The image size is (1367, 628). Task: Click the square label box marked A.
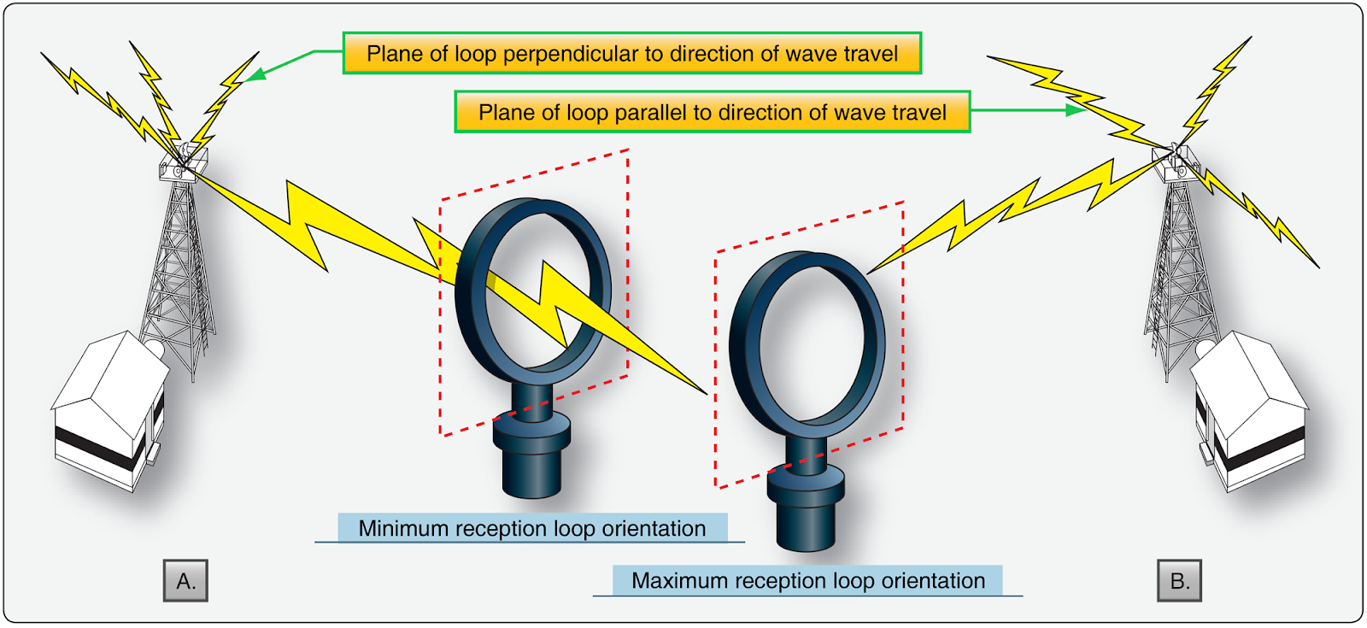[x=185, y=581]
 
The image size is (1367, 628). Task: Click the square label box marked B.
[x=1179, y=581]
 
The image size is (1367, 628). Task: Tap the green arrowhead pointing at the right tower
[x=1076, y=109]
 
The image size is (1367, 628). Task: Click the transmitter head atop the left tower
[x=183, y=161]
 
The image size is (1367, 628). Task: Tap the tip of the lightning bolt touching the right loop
[x=870, y=272]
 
